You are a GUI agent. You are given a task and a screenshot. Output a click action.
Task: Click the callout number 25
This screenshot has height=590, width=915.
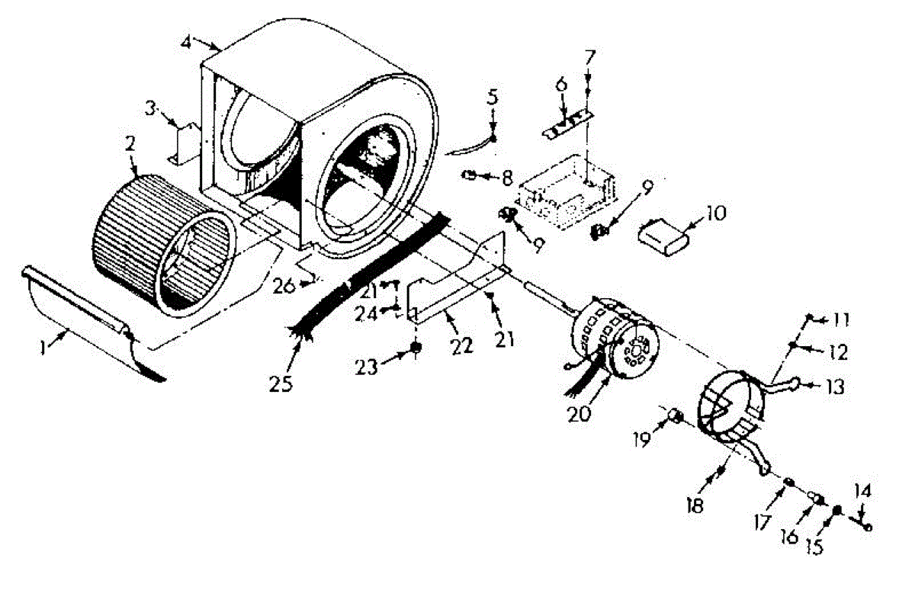click(x=281, y=382)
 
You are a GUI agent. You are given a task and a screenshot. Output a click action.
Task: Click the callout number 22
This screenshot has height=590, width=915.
click(x=462, y=345)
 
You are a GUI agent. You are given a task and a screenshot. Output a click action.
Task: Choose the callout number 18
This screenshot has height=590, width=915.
click(x=695, y=505)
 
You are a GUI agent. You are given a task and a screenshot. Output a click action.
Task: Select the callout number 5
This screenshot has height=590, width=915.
click(x=493, y=97)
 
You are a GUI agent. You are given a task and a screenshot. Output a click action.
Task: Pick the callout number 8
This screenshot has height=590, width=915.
click(x=506, y=178)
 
